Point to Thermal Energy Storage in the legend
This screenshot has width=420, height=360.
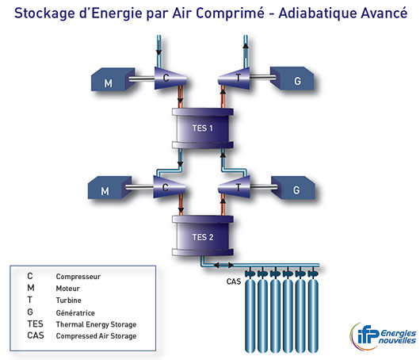tap(96, 324)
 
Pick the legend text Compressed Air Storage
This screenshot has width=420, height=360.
tap(96, 336)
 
